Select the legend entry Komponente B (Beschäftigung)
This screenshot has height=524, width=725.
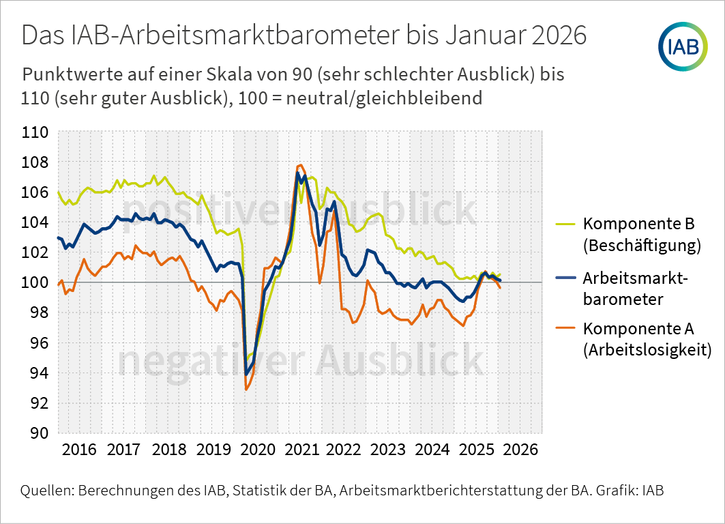click(641, 235)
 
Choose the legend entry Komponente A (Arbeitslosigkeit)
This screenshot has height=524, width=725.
click(647, 339)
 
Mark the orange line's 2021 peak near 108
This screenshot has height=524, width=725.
click(300, 165)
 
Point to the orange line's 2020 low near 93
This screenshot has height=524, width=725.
click(246, 389)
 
